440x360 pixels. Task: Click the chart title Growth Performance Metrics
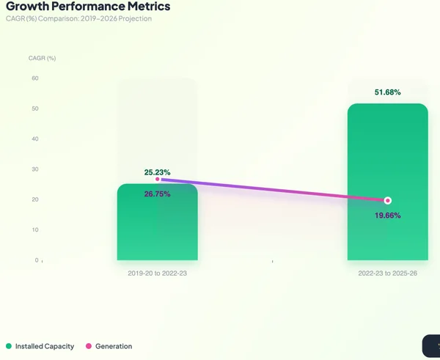pyautogui.click(x=88, y=6)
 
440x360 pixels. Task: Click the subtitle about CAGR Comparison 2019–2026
pyautogui.click(x=79, y=18)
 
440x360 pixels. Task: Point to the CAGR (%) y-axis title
pyautogui.click(x=42, y=58)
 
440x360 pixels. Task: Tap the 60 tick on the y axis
pyautogui.click(x=35, y=78)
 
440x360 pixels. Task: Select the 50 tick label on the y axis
pyautogui.click(x=35, y=109)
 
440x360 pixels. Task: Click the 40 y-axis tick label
pyautogui.click(x=35, y=139)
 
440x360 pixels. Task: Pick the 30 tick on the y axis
pyautogui.click(x=35, y=169)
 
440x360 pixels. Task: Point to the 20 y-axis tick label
pyautogui.click(x=35, y=199)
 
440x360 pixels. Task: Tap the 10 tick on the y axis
pyautogui.click(x=35, y=229)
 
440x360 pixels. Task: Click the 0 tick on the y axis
pyautogui.click(x=37, y=260)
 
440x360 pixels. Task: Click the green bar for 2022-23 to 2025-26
pyautogui.click(x=388, y=182)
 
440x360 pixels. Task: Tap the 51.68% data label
pyautogui.click(x=387, y=92)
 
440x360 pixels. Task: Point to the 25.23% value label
pyautogui.click(x=157, y=172)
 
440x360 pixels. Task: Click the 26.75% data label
pyautogui.click(x=157, y=194)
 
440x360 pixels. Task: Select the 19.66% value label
pyautogui.click(x=387, y=216)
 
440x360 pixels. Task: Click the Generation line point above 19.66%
pyautogui.click(x=388, y=201)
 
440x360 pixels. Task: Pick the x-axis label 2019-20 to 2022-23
pyautogui.click(x=158, y=273)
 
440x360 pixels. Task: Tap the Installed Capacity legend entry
pyautogui.click(x=40, y=346)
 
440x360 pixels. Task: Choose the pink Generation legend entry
pyautogui.click(x=109, y=346)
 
